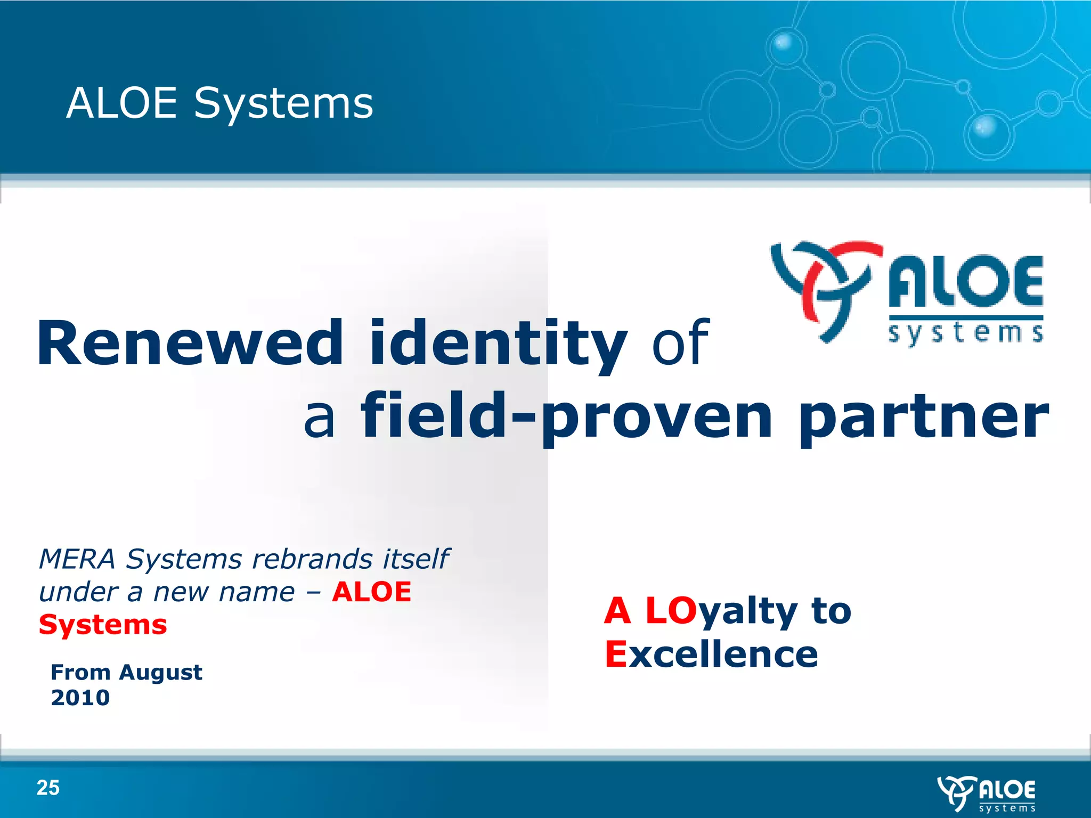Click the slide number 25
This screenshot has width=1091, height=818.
click(48, 788)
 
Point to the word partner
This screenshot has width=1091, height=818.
click(924, 418)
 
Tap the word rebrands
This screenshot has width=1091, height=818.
click(312, 559)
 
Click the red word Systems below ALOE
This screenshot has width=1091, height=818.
click(103, 625)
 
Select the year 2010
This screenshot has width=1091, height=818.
click(80, 698)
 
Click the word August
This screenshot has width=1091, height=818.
click(160, 673)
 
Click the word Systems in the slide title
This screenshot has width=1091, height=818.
click(283, 104)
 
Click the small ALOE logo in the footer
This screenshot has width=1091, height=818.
click(987, 794)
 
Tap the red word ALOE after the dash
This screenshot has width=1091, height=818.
click(371, 592)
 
